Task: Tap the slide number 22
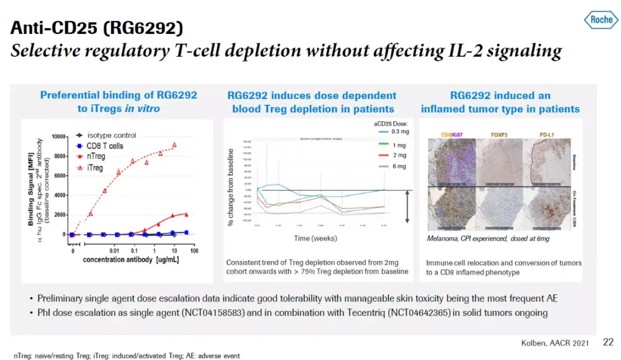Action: [x=608, y=342]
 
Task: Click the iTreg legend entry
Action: [x=95, y=168]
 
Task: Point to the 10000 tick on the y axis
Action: [x=58, y=137]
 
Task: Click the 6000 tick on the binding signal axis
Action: [x=60, y=176]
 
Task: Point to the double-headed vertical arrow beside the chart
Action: [x=407, y=206]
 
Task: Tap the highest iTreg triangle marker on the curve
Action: [x=175, y=145]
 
